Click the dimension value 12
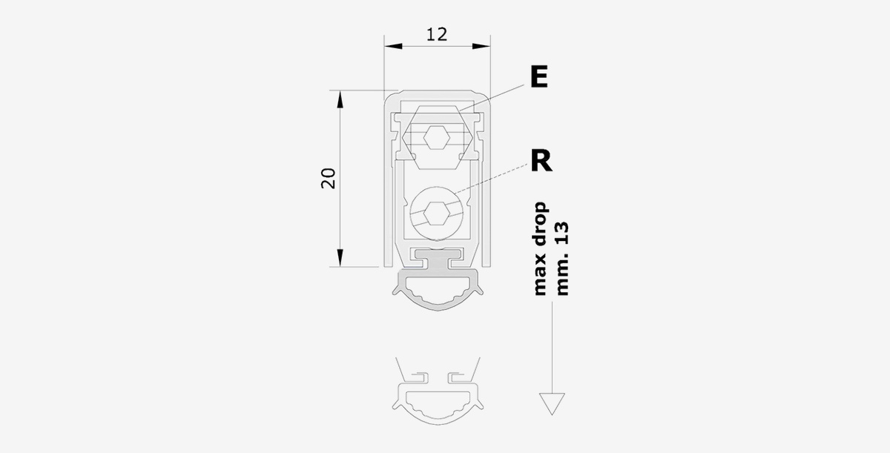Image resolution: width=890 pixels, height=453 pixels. (x=437, y=35)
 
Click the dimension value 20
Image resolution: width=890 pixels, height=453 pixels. (x=329, y=179)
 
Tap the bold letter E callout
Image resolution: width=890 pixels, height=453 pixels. (x=539, y=77)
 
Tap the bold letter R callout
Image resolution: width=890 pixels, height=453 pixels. (x=541, y=160)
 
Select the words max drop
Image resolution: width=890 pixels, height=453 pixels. (x=540, y=249)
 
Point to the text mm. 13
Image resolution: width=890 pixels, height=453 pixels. (x=563, y=259)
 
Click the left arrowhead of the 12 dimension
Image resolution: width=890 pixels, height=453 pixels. (x=393, y=47)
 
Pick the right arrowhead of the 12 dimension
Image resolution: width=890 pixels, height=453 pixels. (x=481, y=47)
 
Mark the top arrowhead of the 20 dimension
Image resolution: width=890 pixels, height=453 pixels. (x=340, y=99)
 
